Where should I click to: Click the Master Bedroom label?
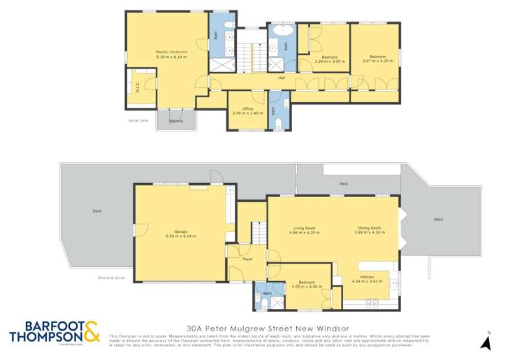167,51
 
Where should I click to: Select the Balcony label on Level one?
176,121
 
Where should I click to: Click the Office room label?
247,108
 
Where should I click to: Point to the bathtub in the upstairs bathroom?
282,31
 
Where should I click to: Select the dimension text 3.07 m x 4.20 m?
377,61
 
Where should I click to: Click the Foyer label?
247,259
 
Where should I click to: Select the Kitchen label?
378,278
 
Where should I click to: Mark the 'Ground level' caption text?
112,278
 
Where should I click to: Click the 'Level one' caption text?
138,120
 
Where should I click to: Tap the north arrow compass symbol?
488,341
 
